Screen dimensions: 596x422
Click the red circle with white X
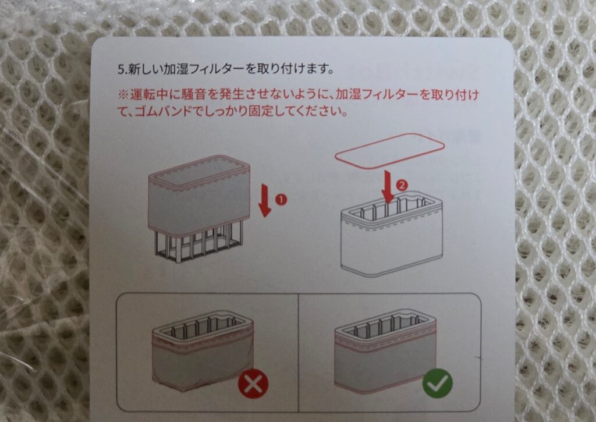[x=253, y=384]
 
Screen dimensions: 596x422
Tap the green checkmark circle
[x=438, y=383]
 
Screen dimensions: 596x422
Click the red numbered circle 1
[x=281, y=200]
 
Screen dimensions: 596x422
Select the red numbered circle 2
[x=402, y=185]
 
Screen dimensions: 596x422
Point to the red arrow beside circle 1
[x=265, y=200]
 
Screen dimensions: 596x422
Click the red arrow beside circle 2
[x=388, y=187]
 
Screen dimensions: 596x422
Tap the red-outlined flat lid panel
[x=389, y=151]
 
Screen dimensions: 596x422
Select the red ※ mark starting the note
[x=123, y=95]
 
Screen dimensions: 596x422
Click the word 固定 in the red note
[x=261, y=111]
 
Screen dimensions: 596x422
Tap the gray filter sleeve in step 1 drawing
[x=199, y=196]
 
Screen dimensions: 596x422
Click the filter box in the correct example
[x=385, y=350]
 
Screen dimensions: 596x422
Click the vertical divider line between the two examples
[x=299, y=352]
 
